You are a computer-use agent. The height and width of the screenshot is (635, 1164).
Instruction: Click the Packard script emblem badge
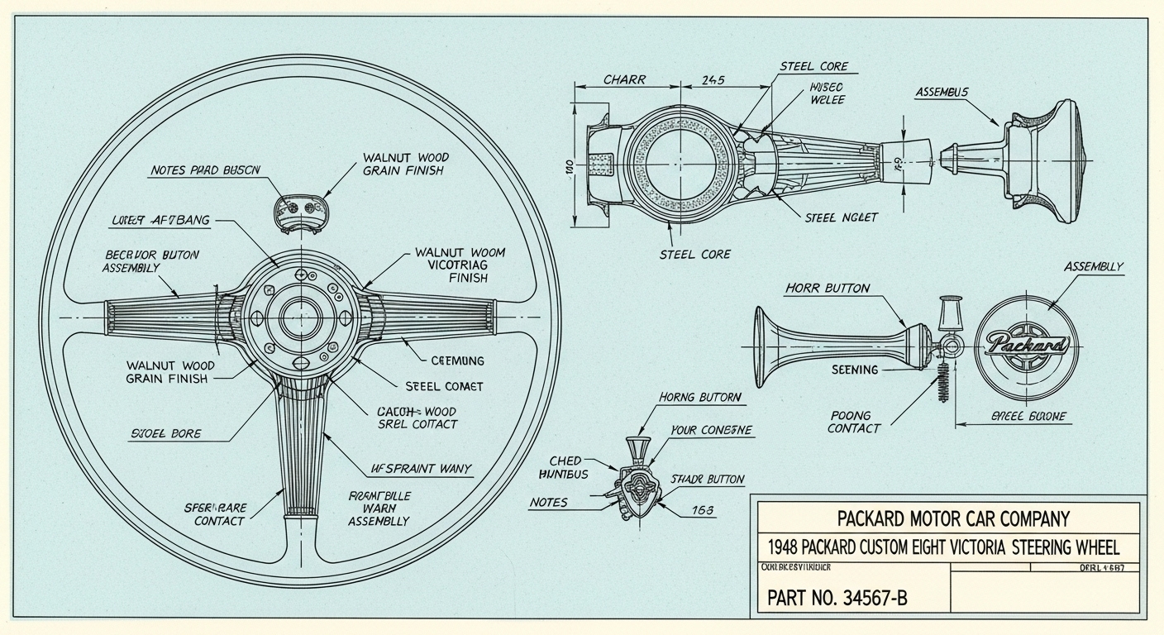(1027, 345)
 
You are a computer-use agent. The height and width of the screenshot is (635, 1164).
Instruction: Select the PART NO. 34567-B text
(837, 597)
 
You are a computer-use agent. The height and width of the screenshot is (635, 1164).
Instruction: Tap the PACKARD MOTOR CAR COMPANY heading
(952, 519)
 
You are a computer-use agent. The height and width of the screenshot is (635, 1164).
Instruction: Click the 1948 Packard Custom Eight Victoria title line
(943, 547)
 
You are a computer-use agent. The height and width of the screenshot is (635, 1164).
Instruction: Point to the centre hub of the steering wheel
(300, 317)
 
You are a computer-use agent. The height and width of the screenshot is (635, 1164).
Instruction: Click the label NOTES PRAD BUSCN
(205, 170)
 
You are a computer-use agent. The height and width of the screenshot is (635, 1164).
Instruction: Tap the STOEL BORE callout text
(165, 433)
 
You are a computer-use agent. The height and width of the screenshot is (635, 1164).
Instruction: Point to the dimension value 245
(713, 80)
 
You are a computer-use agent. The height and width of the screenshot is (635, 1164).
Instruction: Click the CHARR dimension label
(624, 80)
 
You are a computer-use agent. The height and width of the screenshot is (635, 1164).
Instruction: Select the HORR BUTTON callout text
(827, 289)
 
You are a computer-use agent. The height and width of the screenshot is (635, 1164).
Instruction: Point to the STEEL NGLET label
(841, 217)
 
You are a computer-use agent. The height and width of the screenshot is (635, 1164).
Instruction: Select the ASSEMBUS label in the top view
(942, 93)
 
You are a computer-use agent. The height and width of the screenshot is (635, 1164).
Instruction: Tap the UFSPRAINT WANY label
(421, 469)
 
